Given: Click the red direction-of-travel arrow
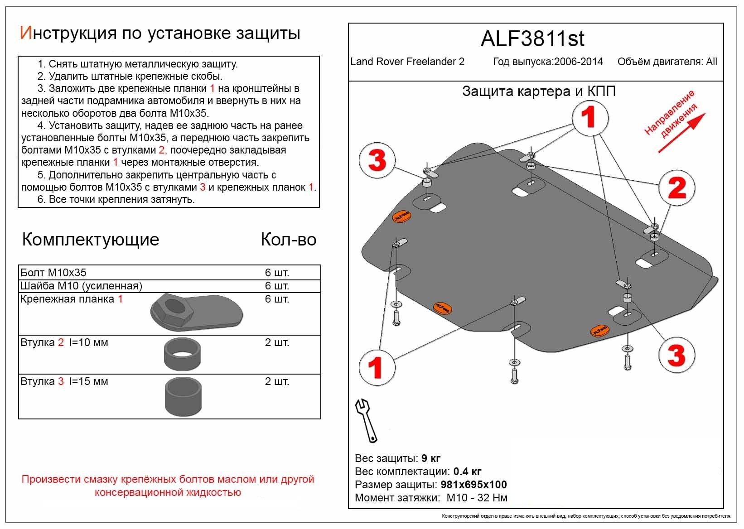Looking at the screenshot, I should click(x=681, y=133).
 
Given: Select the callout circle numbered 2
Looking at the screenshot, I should click(x=676, y=188).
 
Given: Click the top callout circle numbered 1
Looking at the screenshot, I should click(x=589, y=118).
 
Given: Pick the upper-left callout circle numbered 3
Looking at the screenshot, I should click(x=377, y=161).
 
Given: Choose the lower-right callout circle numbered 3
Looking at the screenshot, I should click(x=676, y=355).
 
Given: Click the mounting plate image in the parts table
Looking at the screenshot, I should click(x=196, y=313).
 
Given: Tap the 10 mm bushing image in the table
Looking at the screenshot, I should click(x=183, y=354).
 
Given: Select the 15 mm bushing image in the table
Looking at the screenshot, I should click(x=183, y=397).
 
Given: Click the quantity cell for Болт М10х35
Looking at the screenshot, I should click(x=277, y=273).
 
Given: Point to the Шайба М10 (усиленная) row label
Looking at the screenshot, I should click(x=82, y=286).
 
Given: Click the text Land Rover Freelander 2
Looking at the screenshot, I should click(x=407, y=62).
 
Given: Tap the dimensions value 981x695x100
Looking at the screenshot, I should click(x=473, y=485).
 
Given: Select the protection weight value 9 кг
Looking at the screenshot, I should click(x=430, y=458).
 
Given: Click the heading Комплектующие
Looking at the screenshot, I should click(x=91, y=240).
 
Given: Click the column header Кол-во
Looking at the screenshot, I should click(x=288, y=240).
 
